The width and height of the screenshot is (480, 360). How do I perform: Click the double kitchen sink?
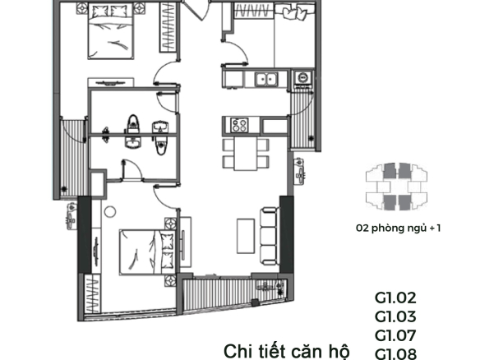(x=265, y=79)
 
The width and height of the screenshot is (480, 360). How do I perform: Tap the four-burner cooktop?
(x=240, y=125)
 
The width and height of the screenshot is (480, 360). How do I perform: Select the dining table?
(x=246, y=153)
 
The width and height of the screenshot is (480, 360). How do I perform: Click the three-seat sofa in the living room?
(x=269, y=237)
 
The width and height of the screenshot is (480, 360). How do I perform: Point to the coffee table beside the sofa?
(x=246, y=236)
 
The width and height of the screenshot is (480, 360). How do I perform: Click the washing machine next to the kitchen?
(x=303, y=77)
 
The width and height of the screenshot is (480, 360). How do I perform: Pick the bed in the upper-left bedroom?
(x=111, y=30)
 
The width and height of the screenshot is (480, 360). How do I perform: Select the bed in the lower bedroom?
(x=147, y=252)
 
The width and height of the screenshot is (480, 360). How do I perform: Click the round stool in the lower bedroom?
(x=110, y=212)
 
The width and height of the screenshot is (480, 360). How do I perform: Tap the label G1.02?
(x=395, y=298)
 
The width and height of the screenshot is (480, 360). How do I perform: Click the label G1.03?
(x=395, y=316)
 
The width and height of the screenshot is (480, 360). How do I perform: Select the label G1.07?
(x=395, y=336)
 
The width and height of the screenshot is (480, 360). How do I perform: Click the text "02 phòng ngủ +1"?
(x=399, y=228)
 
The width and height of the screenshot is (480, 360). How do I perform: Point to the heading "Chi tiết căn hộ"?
(x=287, y=352)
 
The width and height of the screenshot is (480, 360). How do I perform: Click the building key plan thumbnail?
(x=396, y=187)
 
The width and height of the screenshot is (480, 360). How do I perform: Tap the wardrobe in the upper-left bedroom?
(x=168, y=27)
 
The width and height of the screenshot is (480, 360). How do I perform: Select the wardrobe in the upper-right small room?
(x=253, y=11)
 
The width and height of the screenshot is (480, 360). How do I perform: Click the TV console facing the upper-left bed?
(x=110, y=82)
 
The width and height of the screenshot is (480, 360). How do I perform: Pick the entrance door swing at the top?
(x=197, y=10)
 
